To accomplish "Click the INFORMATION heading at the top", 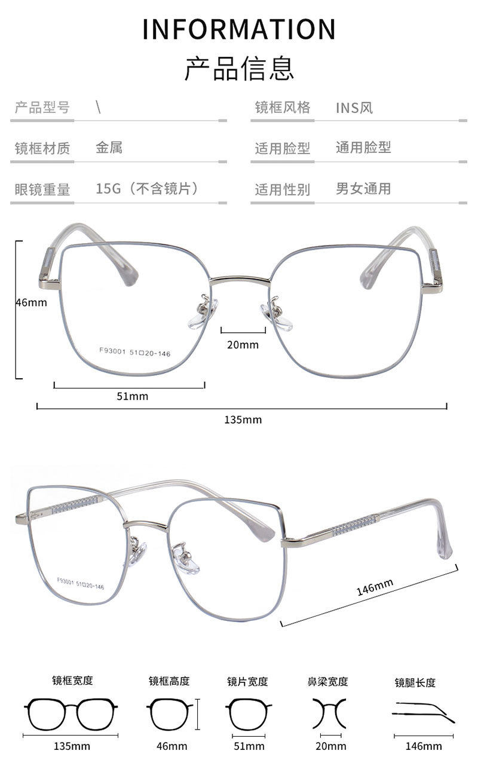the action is pos(239,29).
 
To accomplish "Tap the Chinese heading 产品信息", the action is pos(239,68).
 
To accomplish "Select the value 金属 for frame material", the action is pos(109,147).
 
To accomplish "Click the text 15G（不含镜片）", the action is pos(147,189).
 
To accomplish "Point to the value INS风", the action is pos(354,108).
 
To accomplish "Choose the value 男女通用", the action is pos(363,189).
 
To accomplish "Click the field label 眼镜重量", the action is pos(42,189).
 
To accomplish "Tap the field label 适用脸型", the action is pos(283,148).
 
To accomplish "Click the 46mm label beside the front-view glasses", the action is pos(31,302).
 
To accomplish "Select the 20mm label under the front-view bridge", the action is pos(243,344).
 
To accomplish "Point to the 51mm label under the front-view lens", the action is pos(132,396).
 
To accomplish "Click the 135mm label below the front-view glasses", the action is pos(243,419).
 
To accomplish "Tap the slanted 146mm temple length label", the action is pos(375,587).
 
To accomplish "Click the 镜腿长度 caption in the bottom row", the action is pos(415,682).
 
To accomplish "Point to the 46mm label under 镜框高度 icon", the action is pos(171,746).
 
